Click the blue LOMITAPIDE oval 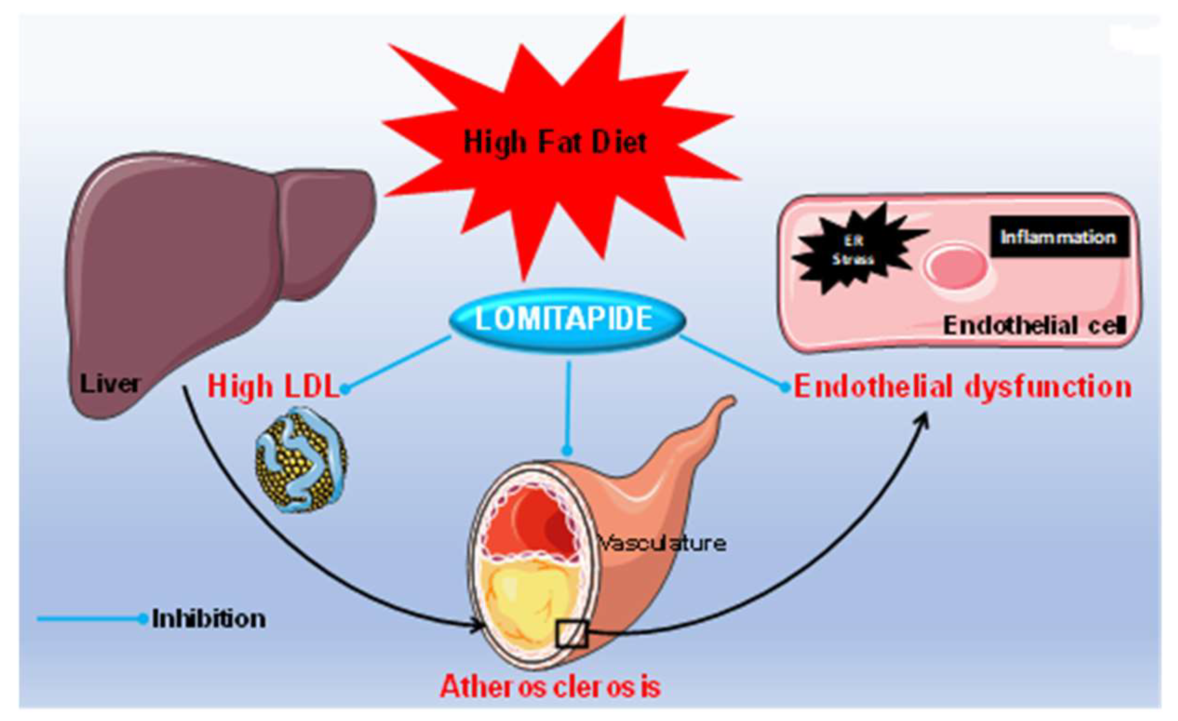click(567, 320)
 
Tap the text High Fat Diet click(555, 142)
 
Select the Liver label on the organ click(110, 384)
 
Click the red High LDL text click(273, 387)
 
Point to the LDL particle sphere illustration click(301, 460)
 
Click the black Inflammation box click(1059, 237)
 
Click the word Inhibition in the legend click(208, 619)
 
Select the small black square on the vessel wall click(572, 634)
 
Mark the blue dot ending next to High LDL click(345, 390)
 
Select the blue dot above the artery click(568, 450)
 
